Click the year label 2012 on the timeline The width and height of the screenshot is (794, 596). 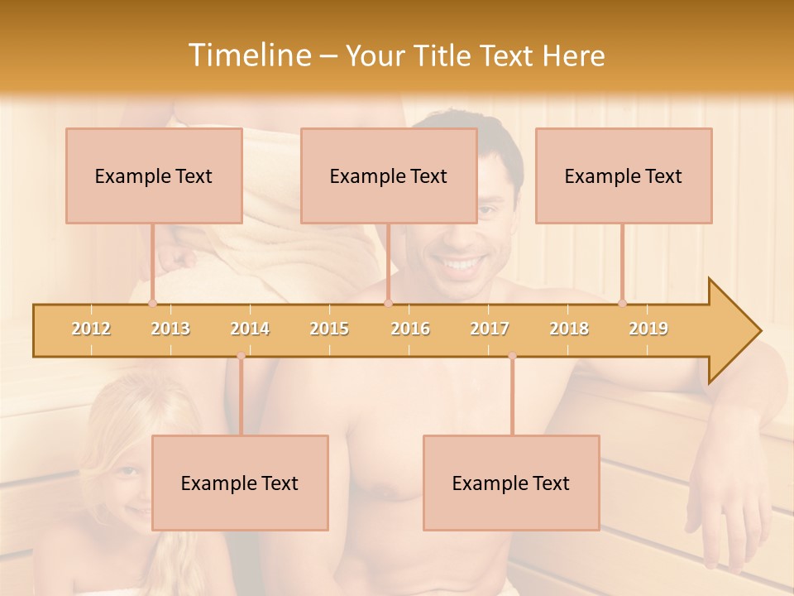coord(91,329)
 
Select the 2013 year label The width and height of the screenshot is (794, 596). coord(170,329)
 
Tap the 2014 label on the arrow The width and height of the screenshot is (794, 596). coord(250,329)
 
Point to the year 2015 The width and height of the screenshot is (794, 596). coord(329,329)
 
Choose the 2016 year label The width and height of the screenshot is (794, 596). coord(410,329)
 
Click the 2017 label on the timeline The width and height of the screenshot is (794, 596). coord(490,329)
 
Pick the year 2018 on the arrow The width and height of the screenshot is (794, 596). coord(569,329)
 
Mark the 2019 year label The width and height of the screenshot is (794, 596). coord(648,329)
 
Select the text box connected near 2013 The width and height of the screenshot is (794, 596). coord(154,175)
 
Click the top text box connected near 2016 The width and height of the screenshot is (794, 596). coord(389,175)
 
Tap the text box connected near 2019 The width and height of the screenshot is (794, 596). coord(624,175)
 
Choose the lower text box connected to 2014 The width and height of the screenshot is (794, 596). coord(240,483)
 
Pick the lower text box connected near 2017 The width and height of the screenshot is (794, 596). coord(511,483)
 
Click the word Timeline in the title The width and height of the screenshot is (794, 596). coord(248,55)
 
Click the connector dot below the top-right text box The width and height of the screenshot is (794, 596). coord(623,304)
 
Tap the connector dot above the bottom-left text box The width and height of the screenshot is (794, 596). coord(241,356)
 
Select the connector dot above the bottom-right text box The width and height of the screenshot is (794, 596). coord(512,356)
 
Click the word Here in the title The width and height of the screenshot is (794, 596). coord(573,55)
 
